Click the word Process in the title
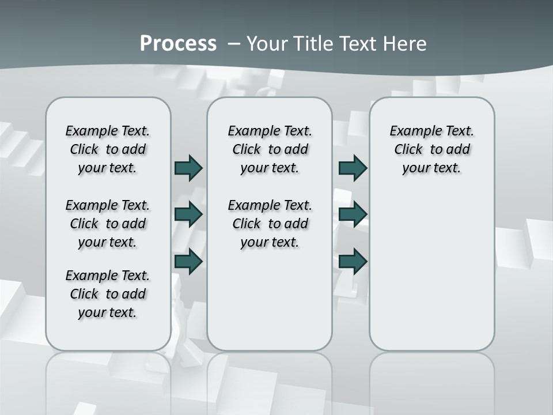178,44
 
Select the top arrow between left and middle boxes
188,168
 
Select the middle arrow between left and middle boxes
188,214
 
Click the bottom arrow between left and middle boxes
188,262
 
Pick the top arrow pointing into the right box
353,168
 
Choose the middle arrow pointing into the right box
353,214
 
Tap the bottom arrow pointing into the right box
353,262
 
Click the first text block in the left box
108,149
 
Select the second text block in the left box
108,224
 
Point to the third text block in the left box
108,294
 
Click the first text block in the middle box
270,149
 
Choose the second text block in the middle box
270,224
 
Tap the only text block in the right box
431,149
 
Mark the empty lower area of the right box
431,271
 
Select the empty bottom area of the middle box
270,305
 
